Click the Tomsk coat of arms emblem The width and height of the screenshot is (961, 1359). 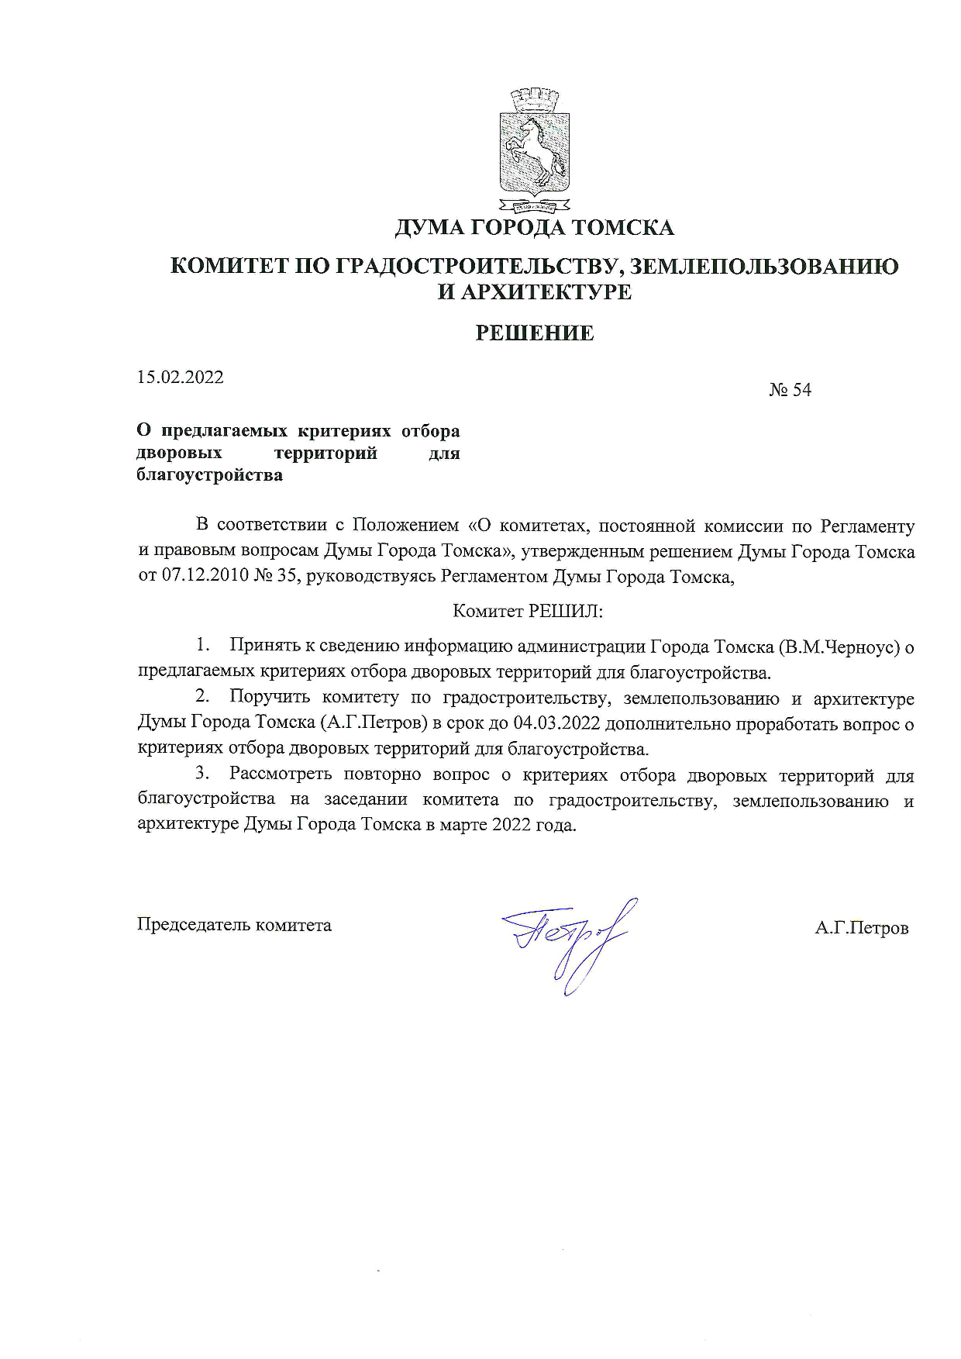point(534,151)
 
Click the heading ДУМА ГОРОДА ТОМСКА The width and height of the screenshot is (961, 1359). point(534,228)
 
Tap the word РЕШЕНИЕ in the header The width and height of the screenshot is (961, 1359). point(534,333)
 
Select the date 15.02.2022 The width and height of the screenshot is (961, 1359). point(181,378)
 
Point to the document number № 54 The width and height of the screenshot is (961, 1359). point(790,390)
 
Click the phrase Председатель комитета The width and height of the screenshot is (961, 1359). point(234,925)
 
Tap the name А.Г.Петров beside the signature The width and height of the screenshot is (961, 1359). point(861,928)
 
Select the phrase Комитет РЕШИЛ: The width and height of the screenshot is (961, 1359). point(527,612)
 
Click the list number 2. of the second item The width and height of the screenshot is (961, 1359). point(203,698)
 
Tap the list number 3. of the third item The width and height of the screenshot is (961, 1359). point(203,774)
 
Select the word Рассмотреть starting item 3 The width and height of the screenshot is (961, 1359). point(281,774)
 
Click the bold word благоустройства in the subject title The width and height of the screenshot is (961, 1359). point(209,475)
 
